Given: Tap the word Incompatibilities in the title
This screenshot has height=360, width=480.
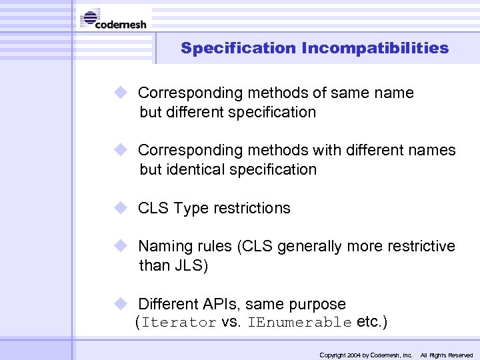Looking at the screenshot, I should coord(375,49).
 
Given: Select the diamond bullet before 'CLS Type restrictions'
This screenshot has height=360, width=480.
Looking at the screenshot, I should coord(121,207).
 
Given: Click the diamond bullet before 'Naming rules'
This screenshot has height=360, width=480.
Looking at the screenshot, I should coord(121,246).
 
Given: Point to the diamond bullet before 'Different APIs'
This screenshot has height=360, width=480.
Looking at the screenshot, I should coord(121,303).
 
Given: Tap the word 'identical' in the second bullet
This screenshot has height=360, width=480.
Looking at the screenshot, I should coord(198,170).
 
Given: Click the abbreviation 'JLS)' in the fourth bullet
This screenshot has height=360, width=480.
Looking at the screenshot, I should coord(192,266).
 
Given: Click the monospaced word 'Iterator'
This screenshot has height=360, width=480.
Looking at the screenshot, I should coord(179,323).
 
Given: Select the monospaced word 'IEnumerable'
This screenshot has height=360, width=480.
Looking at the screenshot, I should coord(299,323).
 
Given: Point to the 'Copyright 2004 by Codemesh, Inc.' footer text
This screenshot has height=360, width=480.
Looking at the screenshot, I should coord(366,355).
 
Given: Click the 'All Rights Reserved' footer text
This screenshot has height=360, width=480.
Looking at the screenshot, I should coord(447,355).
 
